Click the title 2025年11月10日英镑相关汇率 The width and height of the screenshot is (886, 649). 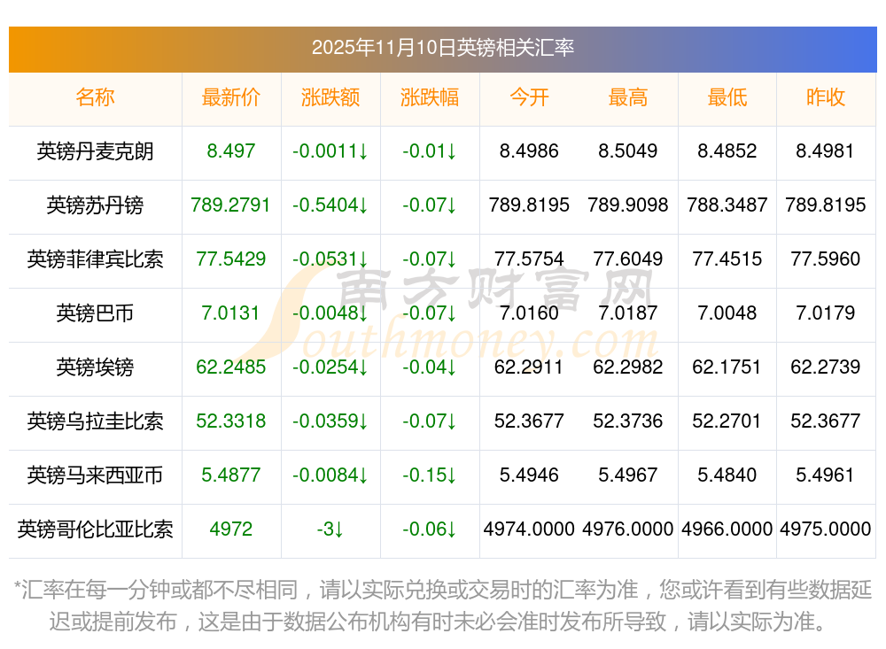(442, 47)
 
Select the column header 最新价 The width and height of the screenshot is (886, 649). (231, 97)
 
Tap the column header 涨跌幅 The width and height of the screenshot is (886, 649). (430, 97)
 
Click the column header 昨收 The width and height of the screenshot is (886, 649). (826, 97)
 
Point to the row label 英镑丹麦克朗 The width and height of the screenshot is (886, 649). (95, 151)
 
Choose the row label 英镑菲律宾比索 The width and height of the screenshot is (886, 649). (95, 259)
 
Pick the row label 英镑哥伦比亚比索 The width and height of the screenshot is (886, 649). (95, 529)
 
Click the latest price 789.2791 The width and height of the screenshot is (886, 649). (231, 205)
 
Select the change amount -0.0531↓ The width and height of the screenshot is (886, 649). (330, 259)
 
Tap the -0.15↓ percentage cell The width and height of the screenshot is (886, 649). (430, 475)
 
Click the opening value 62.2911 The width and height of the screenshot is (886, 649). (529, 367)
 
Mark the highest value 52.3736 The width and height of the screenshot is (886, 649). (628, 421)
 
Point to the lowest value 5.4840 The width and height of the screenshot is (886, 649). (727, 475)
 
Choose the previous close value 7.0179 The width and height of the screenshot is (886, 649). (826, 313)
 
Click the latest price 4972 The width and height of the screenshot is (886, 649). (231, 529)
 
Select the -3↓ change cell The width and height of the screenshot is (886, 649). (330, 529)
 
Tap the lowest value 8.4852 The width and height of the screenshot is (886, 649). (727, 151)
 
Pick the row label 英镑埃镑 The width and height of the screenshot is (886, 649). (95, 367)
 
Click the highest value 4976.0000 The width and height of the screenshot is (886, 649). (628, 529)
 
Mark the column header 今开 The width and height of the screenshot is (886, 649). (529, 97)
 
